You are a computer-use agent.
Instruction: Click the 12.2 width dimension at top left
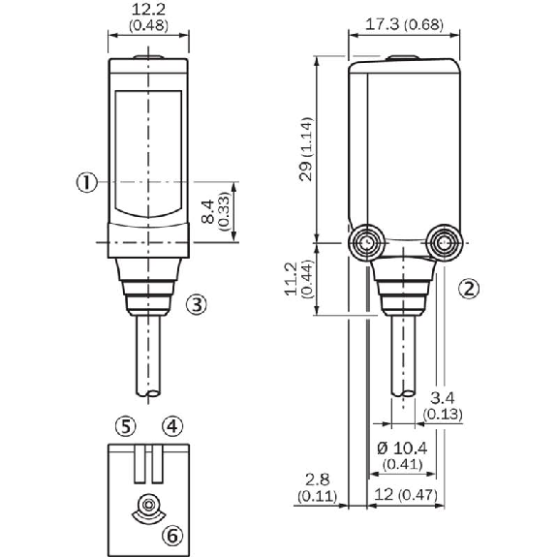click(147, 17)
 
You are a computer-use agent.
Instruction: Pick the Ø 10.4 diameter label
click(401, 455)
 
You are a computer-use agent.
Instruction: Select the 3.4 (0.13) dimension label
click(442, 406)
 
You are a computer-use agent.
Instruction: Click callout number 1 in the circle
click(87, 181)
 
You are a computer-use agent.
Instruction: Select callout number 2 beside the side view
click(468, 288)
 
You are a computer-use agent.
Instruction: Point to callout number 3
click(196, 304)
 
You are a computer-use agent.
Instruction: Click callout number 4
click(170, 424)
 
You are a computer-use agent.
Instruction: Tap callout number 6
click(170, 535)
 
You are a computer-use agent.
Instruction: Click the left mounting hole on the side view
click(366, 241)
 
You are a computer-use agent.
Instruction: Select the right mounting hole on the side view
click(447, 241)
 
